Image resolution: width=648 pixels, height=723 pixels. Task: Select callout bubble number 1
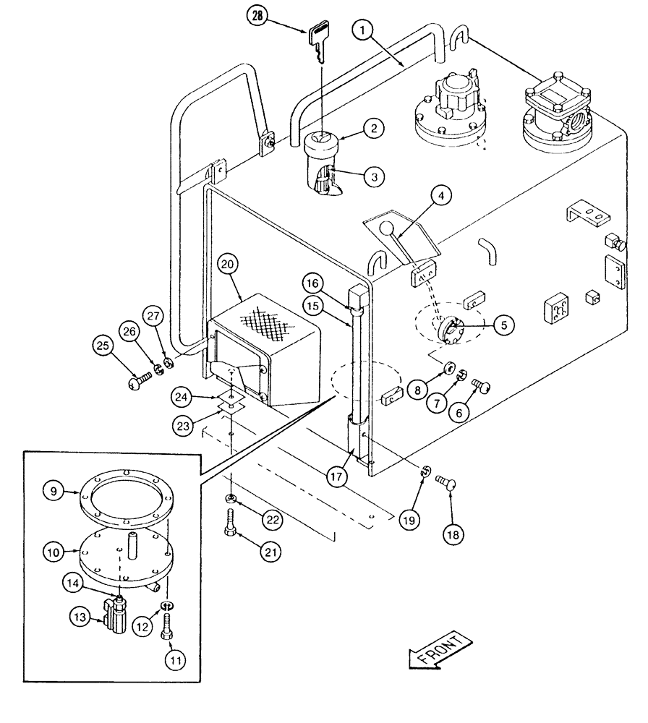tap(366, 31)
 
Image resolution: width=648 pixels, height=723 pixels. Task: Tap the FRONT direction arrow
tap(440, 649)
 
